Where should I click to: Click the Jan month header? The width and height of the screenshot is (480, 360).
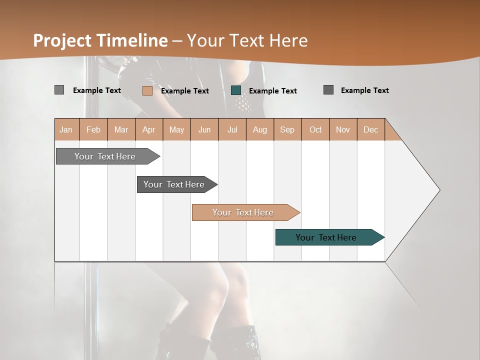point(66,129)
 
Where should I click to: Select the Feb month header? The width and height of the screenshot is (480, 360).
point(93,129)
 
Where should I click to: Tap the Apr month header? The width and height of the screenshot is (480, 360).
point(148,129)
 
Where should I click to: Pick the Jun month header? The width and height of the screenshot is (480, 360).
point(204,129)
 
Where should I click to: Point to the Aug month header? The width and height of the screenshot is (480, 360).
point(259,129)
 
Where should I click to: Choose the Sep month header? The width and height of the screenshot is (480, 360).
point(287,129)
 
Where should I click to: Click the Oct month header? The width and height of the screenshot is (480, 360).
point(315,129)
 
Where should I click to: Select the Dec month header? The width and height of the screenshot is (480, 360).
point(370,129)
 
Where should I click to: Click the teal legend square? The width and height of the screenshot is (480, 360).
point(236,90)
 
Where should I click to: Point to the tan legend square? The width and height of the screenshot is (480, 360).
point(147,90)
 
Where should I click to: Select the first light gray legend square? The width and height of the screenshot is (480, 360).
point(59,90)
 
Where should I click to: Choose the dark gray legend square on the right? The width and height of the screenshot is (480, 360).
point(328,90)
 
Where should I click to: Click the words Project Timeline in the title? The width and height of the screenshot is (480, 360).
point(100,40)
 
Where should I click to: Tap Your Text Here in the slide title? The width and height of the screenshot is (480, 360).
point(247,40)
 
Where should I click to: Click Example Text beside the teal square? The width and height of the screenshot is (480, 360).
point(272,91)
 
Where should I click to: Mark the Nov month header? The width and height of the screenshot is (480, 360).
point(343,129)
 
